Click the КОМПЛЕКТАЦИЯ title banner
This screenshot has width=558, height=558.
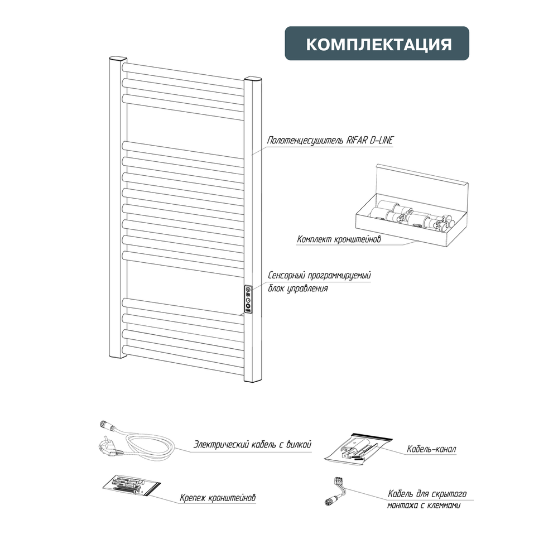[377, 43]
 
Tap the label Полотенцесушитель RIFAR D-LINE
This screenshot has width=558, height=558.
[330, 140]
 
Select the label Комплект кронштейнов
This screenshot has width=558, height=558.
[339, 239]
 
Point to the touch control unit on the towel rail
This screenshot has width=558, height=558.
[248, 299]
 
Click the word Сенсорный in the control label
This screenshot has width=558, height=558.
[286, 276]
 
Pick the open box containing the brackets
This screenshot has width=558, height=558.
[412, 206]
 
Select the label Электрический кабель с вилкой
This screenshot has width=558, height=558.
[252, 445]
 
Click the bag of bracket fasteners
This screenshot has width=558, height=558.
[131, 485]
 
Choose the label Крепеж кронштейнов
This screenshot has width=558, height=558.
[218, 498]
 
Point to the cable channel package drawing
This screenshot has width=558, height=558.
[358, 448]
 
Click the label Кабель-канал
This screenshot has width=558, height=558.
[431, 449]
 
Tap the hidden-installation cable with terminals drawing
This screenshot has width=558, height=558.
[336, 491]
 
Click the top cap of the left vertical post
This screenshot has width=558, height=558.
[118, 59]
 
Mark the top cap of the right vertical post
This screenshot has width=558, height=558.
[253, 79]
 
